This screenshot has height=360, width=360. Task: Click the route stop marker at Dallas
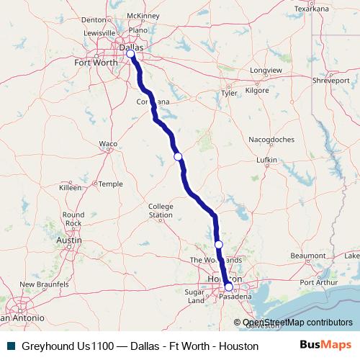pos(130,54)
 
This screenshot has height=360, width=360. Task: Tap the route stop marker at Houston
pos(229,287)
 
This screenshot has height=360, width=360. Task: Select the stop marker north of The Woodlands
pos(219,245)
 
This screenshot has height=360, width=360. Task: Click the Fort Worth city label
pos(95,63)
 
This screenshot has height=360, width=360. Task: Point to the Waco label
pos(108,144)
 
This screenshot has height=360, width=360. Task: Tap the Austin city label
pos(68,240)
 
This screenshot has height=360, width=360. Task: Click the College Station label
pos(161,210)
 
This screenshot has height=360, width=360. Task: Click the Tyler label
pos(230,93)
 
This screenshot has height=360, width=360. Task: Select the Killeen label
pos(70,187)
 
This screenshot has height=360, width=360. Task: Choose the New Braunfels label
pos(39,284)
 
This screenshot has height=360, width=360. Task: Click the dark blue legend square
pos(9,346)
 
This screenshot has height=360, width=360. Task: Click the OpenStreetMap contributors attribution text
pos(297,323)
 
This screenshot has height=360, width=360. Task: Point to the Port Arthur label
pos(318,282)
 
